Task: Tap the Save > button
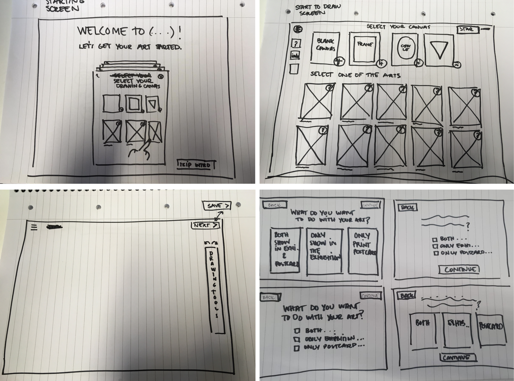pyautogui.click(x=217, y=206)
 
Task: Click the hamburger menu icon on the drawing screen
pyautogui.click(x=34, y=227)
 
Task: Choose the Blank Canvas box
pyautogui.click(x=326, y=48)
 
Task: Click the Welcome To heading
pyautogui.click(x=129, y=32)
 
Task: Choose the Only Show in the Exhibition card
pyautogui.click(x=324, y=251)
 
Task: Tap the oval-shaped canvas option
pyautogui.click(x=405, y=49)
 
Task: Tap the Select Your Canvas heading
pyautogui.click(x=398, y=27)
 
